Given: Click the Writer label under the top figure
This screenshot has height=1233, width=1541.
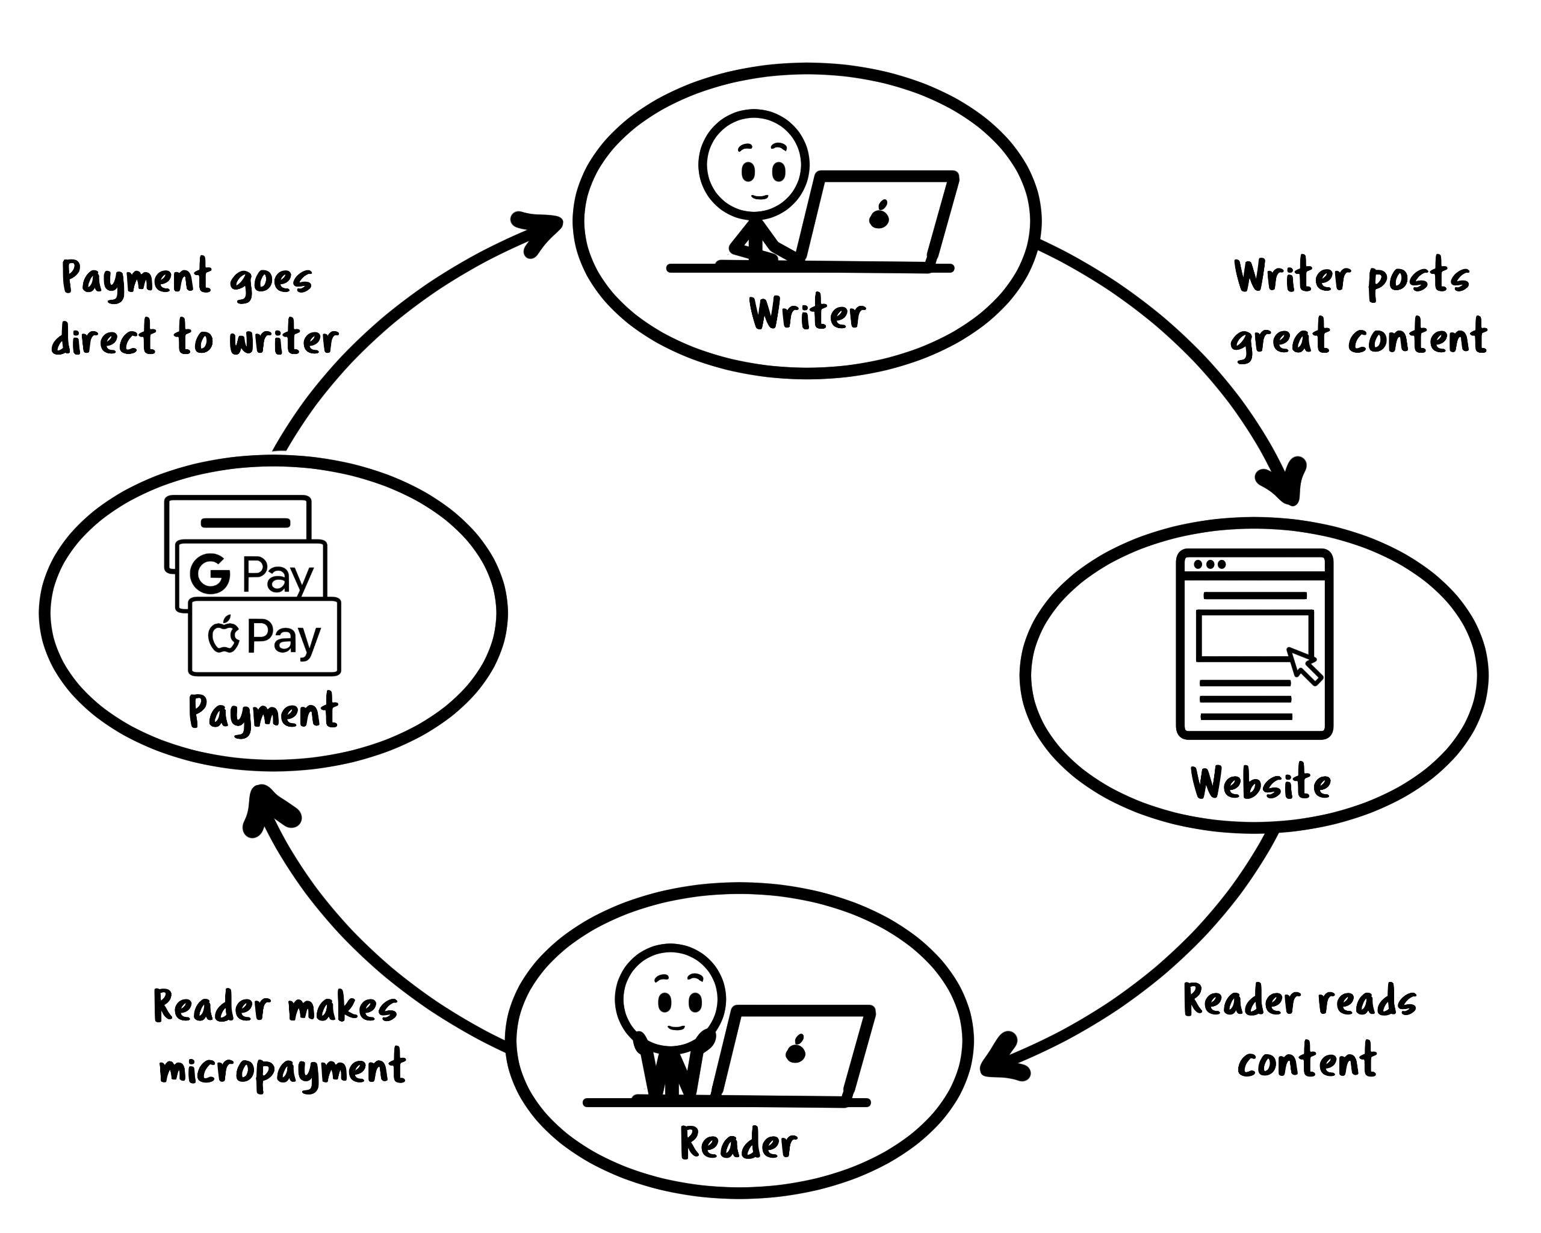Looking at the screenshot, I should [x=807, y=314].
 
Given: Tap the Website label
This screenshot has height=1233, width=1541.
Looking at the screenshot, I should [x=1260, y=783].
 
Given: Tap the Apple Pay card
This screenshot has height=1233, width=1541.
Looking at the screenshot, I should [x=264, y=636].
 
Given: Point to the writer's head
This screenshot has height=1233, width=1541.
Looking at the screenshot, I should [x=754, y=165].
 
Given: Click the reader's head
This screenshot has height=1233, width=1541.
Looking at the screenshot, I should [x=670, y=999].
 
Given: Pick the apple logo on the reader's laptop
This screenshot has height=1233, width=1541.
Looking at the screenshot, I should [x=796, y=1050].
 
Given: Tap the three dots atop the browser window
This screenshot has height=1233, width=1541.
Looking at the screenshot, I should [x=1209, y=565].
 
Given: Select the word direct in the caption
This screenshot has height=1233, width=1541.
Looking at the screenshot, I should [x=104, y=338].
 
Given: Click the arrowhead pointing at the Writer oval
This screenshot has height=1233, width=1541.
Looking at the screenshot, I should [x=539, y=229].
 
